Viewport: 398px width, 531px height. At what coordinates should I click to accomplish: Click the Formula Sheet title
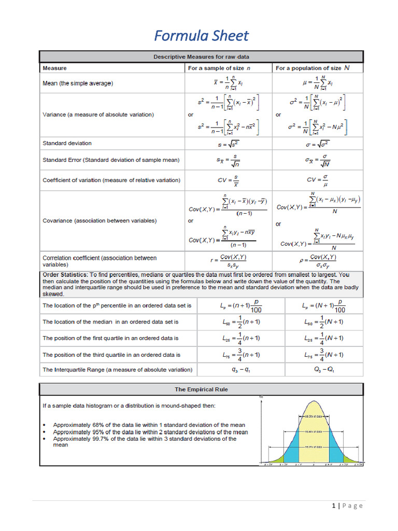click(x=202, y=35)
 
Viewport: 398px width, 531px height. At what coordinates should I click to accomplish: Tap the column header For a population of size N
click(x=312, y=68)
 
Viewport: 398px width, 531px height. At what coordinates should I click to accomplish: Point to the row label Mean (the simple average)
click(x=78, y=83)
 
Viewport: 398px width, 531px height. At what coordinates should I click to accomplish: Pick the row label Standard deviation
click(x=67, y=143)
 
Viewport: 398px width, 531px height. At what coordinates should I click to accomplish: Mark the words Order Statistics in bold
click(x=65, y=275)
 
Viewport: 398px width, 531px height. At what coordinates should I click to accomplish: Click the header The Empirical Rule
click(x=201, y=389)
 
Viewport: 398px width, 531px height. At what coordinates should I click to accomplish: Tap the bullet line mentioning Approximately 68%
click(x=149, y=425)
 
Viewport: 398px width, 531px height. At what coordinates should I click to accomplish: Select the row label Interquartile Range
click(x=117, y=370)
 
